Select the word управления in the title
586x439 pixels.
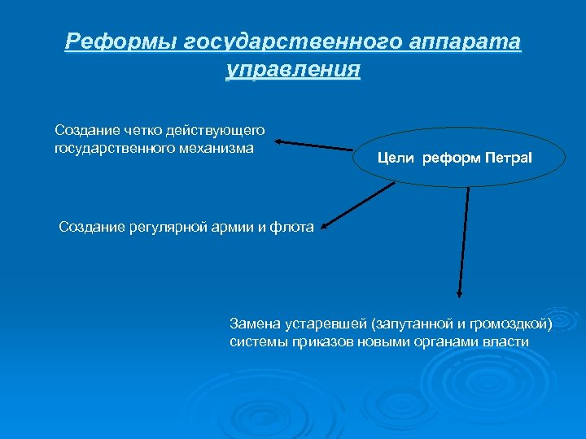click(x=292, y=69)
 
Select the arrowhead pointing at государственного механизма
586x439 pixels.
click(x=278, y=142)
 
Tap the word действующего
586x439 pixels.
click(x=214, y=130)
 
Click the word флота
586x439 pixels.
click(x=293, y=227)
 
